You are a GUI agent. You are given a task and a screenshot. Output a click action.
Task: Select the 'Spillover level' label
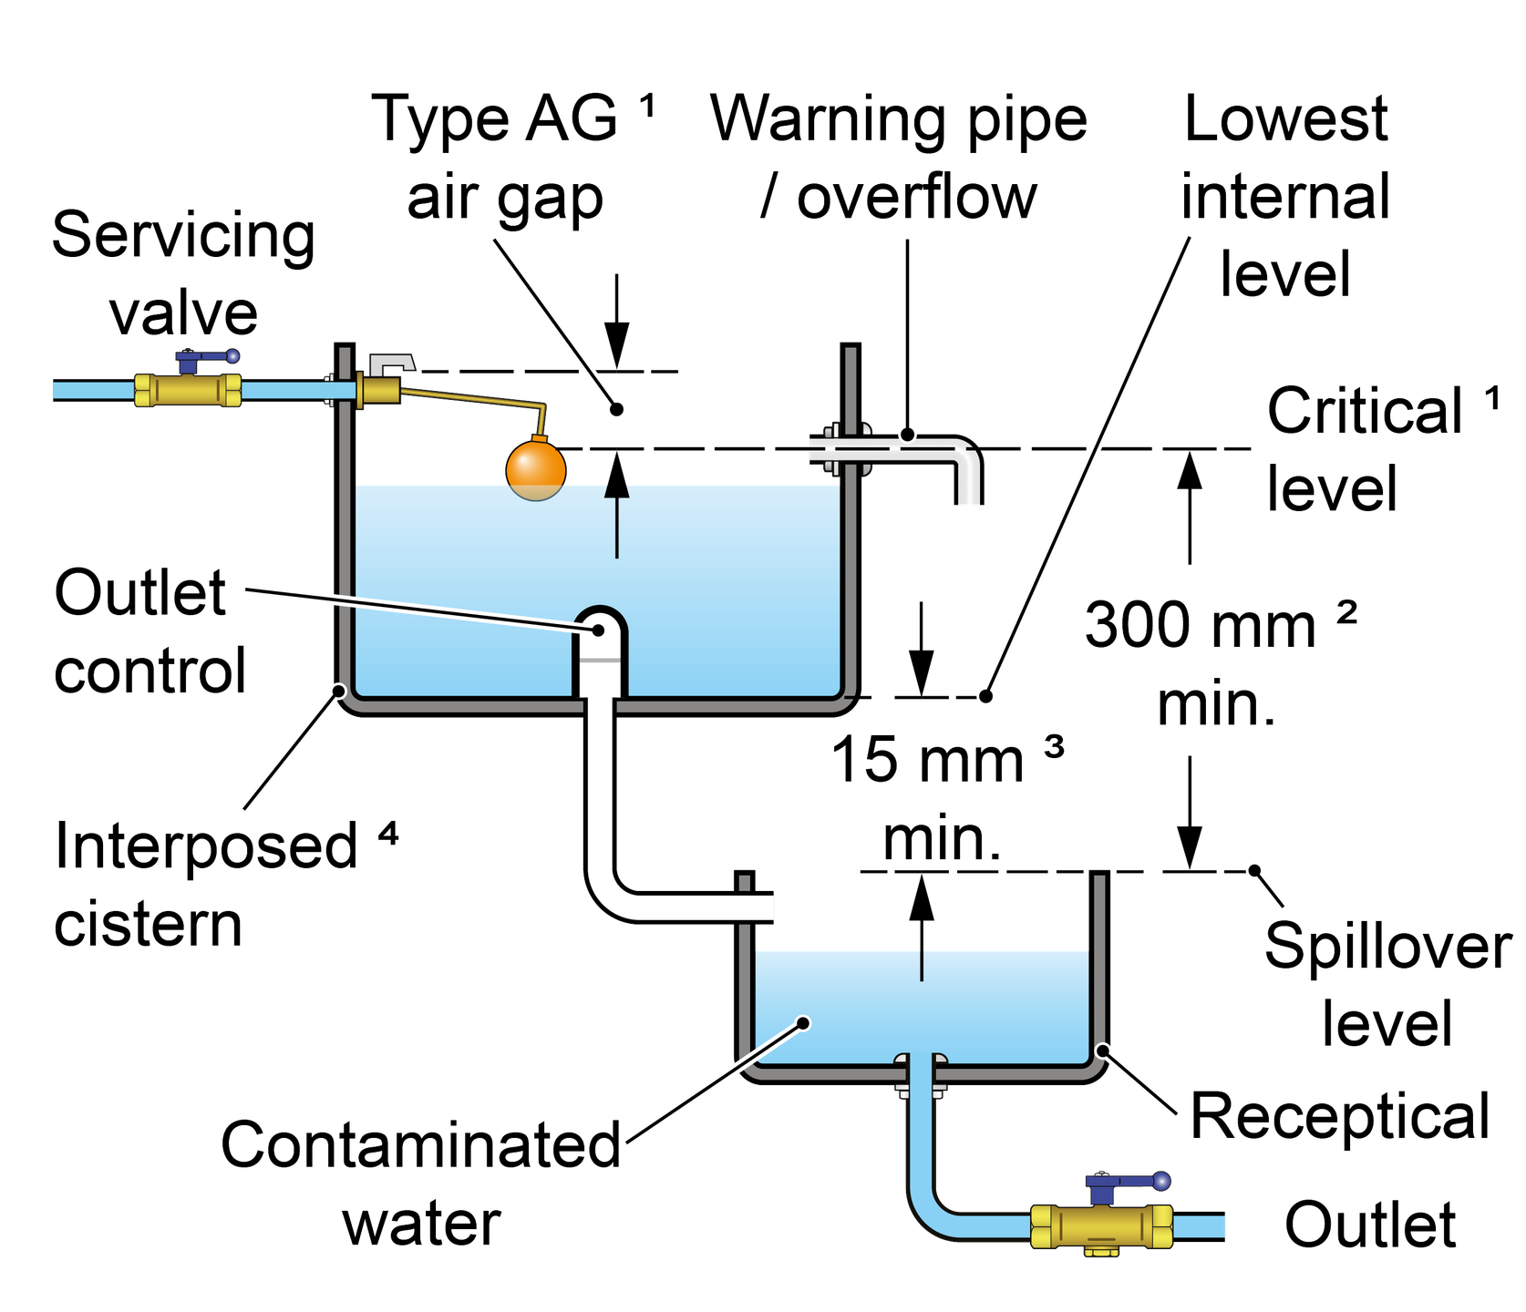coord(1386,984)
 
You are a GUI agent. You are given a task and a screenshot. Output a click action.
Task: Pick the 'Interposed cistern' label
coord(205,884)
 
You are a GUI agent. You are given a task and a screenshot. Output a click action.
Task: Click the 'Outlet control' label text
coord(146,632)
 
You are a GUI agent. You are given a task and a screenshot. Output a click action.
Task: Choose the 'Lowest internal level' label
coord(1285,196)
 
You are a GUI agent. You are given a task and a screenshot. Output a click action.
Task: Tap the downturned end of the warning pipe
coord(968,483)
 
